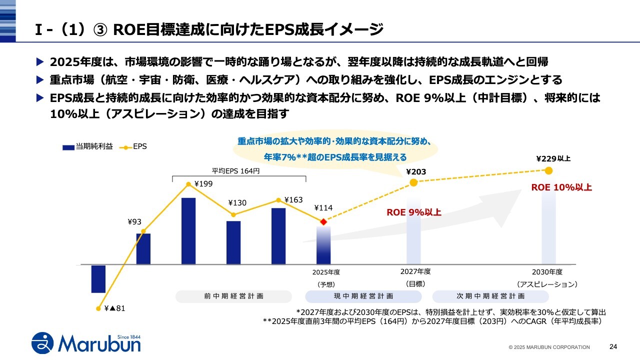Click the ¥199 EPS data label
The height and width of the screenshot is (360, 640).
click(x=203, y=183)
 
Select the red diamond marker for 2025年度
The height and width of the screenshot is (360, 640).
click(x=323, y=221)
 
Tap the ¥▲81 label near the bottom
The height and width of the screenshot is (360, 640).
click(x=114, y=308)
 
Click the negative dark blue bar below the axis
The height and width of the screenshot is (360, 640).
click(x=98, y=278)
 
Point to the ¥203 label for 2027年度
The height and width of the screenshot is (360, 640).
click(x=416, y=172)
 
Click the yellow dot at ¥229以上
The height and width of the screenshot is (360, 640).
click(x=548, y=170)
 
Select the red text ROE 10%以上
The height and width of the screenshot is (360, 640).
click(x=561, y=187)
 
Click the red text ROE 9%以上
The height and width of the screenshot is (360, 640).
click(x=414, y=212)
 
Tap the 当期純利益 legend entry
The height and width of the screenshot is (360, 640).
click(x=87, y=147)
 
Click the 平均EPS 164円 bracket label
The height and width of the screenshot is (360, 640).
click(x=236, y=170)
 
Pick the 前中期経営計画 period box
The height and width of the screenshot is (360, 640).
click(x=234, y=296)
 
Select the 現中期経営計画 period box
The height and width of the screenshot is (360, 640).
click(x=363, y=296)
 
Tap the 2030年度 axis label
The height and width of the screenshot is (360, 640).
click(x=547, y=272)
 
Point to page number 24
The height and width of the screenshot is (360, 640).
click(x=613, y=346)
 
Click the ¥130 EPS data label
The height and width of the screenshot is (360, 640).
click(x=237, y=202)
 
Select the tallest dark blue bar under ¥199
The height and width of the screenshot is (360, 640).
click(x=188, y=230)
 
